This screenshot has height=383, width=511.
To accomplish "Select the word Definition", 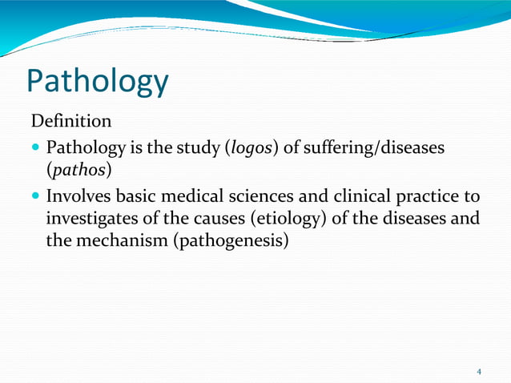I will point(70,122).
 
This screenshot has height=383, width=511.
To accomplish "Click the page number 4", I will point(479,371).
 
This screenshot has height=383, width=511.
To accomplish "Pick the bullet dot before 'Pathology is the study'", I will point(36,150).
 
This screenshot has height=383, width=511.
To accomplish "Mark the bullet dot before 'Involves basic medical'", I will point(36,197).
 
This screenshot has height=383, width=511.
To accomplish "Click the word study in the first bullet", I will point(197,149).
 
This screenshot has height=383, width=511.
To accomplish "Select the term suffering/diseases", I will point(364,149).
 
